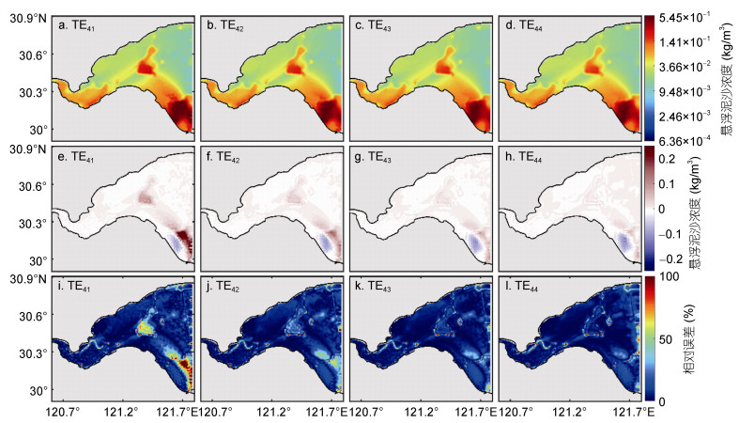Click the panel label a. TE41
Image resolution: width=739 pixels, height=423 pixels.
pyautogui.click(x=76, y=26)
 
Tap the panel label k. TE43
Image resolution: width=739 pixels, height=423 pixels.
pyautogui.click(x=373, y=286)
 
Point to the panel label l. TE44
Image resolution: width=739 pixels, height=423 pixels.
pyautogui.click(x=521, y=286)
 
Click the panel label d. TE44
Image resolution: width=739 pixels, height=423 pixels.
pyautogui.click(x=524, y=26)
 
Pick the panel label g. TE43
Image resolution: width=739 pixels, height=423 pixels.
pyautogui.click(x=373, y=156)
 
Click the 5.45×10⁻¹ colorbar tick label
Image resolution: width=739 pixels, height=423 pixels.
pyautogui.click(x=685, y=18)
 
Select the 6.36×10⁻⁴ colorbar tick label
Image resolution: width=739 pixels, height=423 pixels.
pyautogui.click(x=685, y=140)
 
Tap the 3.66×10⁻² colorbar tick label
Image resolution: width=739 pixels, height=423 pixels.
pyautogui.click(x=685, y=67)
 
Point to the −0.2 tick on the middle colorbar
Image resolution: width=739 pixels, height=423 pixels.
pyautogui.click(x=670, y=258)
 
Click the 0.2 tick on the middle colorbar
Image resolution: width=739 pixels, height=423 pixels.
pyautogui.click(x=668, y=159)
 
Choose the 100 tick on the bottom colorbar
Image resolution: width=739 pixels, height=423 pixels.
pyautogui.click(x=670, y=276)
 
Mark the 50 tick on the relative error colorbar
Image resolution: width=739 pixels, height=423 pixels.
pyautogui.click(x=666, y=339)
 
